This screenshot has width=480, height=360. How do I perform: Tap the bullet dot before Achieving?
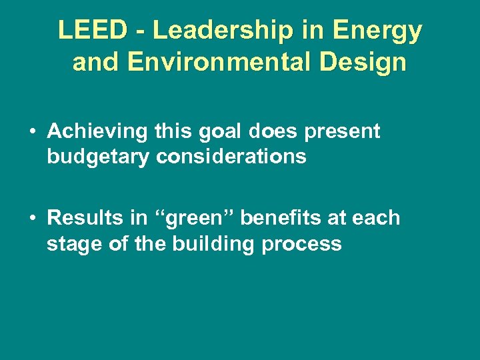point(32,132)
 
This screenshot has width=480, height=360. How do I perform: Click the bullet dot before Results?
point(32,218)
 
